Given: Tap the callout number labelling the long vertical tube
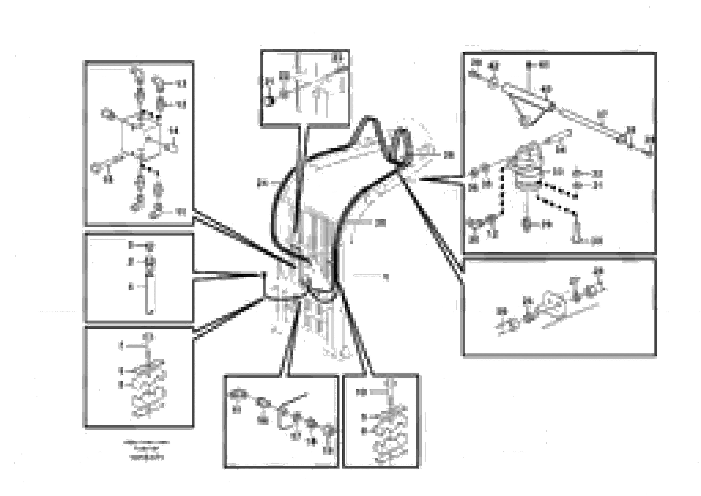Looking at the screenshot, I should (x=131, y=287).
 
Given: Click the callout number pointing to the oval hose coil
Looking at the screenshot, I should (x=448, y=155).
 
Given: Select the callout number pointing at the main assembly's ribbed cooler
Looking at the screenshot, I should (x=380, y=223).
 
